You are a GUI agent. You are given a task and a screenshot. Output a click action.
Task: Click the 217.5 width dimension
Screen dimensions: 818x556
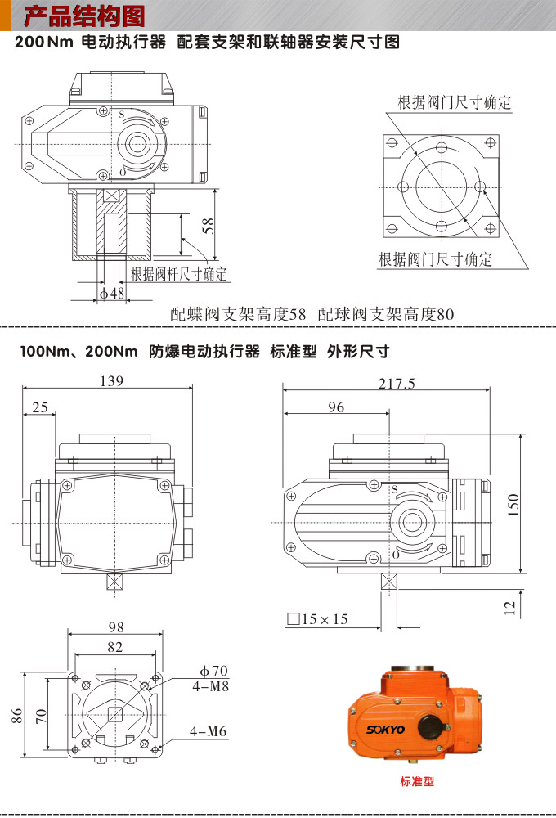(397, 383)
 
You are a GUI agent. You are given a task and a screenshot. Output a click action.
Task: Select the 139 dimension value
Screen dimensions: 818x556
(111, 380)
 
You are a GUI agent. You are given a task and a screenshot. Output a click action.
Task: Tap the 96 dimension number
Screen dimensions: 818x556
(336, 407)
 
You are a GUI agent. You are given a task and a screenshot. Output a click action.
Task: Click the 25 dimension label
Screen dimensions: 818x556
(40, 407)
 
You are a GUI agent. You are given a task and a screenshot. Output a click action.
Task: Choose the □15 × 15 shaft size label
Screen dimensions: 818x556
(317, 619)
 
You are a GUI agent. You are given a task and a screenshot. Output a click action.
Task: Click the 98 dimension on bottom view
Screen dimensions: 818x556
(116, 627)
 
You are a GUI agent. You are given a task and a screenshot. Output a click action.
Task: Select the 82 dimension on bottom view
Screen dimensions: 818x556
(114, 647)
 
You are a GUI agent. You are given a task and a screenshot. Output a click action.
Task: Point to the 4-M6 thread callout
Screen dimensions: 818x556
(208, 731)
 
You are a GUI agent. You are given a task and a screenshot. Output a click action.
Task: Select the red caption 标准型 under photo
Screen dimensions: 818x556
(417, 781)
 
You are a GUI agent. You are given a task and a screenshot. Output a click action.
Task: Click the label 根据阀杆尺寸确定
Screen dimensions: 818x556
(178, 274)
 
